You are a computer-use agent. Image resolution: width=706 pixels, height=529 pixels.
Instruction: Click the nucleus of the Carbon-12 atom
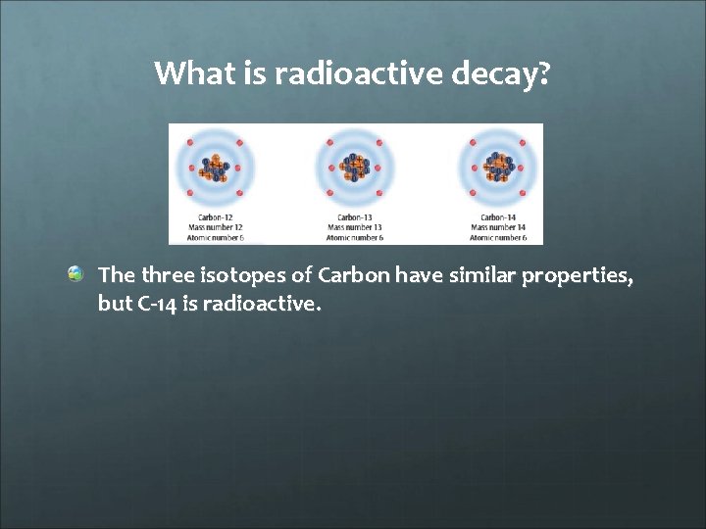click(213, 168)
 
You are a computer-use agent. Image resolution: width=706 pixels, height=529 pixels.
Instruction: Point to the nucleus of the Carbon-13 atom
click(355, 168)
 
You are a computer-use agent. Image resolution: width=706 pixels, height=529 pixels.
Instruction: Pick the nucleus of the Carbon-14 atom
click(498, 168)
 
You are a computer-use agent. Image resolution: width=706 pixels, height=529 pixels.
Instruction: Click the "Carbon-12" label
click(216, 217)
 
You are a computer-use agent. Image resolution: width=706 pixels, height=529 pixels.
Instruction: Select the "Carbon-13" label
click(355, 217)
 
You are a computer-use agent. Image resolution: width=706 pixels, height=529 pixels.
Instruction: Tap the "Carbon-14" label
click(499, 217)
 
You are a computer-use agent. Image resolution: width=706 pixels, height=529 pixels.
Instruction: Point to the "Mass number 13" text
click(355, 227)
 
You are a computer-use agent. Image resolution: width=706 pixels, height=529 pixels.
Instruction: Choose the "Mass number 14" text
click(498, 227)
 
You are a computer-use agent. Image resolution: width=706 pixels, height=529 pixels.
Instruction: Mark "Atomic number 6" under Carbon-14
click(498, 237)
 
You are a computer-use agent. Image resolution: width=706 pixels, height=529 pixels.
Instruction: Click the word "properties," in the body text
click(577, 277)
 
